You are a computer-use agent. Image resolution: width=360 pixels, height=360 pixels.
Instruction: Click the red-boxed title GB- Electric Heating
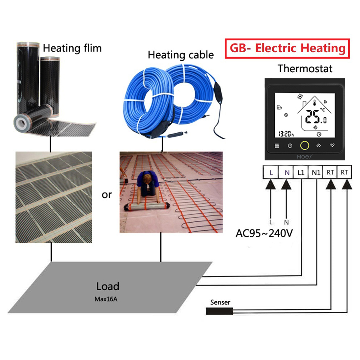287,49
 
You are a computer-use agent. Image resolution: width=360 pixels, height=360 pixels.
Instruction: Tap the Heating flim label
72,48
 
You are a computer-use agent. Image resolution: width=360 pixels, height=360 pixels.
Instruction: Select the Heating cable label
181,55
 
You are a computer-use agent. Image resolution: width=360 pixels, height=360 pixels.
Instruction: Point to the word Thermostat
305,68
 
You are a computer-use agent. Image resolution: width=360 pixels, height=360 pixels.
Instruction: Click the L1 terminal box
301,173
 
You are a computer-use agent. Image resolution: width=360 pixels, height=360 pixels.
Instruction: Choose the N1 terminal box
316,173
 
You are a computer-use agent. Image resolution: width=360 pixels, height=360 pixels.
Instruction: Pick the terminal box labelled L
271,173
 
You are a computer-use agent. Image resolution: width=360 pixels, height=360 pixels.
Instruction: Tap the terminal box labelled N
287,173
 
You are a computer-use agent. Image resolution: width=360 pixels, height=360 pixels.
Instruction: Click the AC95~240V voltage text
264,233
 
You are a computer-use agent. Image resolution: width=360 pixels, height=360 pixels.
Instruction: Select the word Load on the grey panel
108,286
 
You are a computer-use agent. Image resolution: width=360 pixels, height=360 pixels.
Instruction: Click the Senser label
220,302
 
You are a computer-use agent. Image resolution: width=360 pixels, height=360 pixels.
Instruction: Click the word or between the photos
107,195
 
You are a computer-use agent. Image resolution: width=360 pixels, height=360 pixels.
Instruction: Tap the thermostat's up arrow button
319,146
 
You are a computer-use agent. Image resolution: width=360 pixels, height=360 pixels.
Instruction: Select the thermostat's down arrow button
332,146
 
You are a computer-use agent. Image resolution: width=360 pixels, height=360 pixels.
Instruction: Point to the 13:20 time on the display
286,134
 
